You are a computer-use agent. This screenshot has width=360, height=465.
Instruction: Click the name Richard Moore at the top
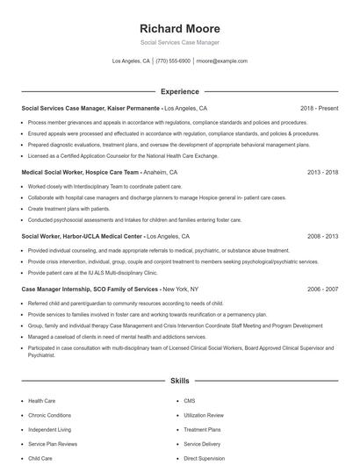(x=179, y=28)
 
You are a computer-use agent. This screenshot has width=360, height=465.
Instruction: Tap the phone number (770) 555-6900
(x=172, y=61)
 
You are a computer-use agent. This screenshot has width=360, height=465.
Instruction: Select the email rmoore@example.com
(x=221, y=61)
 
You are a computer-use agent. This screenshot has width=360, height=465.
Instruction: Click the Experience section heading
(x=179, y=91)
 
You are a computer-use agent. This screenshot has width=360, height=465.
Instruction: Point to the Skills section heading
(x=179, y=382)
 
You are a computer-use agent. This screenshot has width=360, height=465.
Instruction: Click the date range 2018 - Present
(x=319, y=108)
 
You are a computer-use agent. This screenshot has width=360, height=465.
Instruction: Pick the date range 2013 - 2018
(x=322, y=173)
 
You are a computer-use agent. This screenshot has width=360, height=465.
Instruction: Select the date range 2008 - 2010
(x=322, y=237)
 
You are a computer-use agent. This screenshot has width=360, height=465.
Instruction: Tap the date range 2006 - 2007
(x=322, y=289)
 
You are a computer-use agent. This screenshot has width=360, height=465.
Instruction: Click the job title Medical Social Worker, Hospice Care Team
(x=80, y=173)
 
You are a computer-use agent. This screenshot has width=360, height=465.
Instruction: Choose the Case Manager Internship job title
(x=90, y=289)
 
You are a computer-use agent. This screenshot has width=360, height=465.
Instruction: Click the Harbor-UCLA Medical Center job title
(x=82, y=237)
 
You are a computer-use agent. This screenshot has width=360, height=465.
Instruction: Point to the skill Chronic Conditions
(x=49, y=415)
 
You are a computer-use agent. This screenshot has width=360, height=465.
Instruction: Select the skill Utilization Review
(x=204, y=415)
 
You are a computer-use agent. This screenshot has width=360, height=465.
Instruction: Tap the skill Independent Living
(x=49, y=430)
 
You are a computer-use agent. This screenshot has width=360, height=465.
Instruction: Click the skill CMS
(x=189, y=401)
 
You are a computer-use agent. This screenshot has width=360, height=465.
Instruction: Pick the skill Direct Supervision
(x=204, y=458)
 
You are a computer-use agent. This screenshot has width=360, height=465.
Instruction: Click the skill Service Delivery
(x=202, y=444)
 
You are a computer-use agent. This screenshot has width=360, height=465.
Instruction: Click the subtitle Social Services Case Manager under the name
(x=179, y=42)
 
